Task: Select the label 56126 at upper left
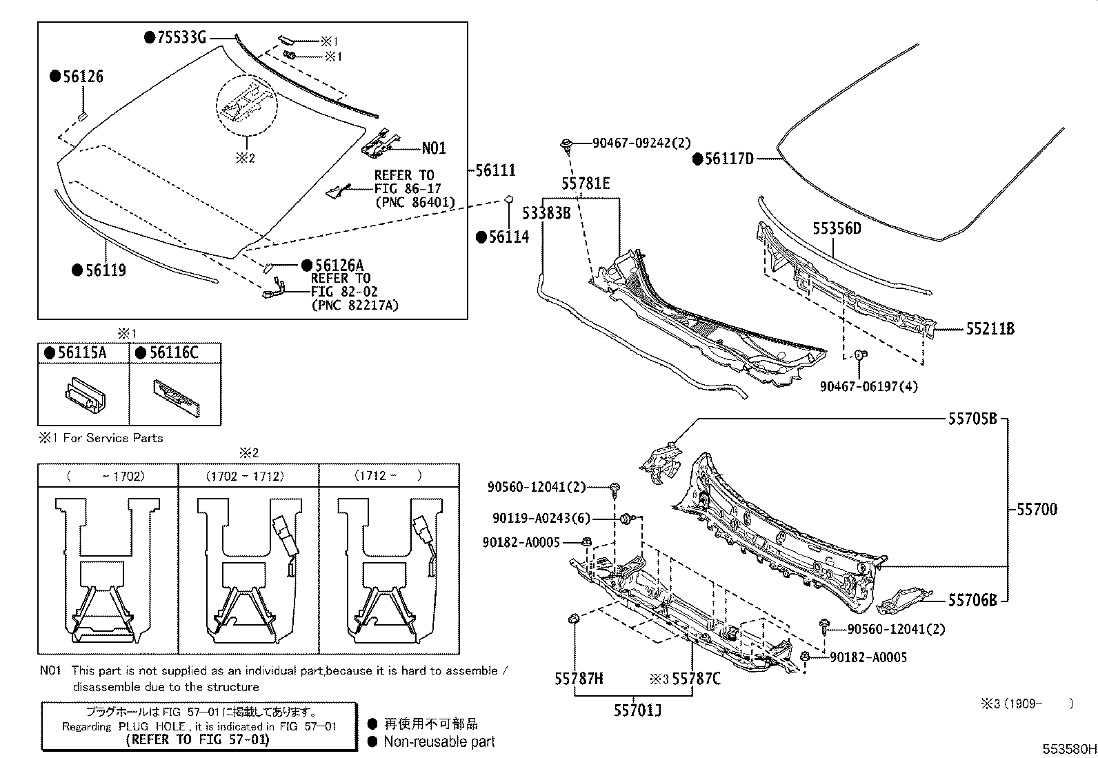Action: [x=82, y=77]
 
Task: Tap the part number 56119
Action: [x=105, y=270]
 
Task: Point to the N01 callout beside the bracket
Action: [x=434, y=148]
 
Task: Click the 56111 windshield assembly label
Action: [x=495, y=170]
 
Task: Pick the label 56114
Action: [x=508, y=237]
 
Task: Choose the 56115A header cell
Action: [x=81, y=353]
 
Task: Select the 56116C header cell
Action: [x=173, y=353]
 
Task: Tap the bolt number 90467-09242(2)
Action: [x=641, y=143]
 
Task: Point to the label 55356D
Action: [x=836, y=229]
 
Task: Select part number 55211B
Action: [x=990, y=329]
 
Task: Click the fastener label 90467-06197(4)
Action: [x=868, y=386]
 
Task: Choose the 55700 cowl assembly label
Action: [x=1036, y=510]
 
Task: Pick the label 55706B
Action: [x=972, y=601]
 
